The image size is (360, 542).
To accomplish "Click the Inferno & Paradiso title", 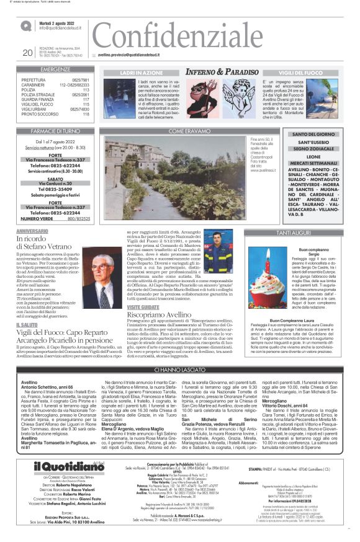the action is (x=223, y=73).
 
